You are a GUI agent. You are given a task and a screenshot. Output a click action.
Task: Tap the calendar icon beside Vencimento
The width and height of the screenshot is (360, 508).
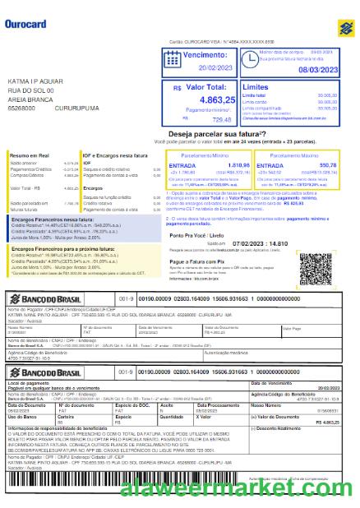coord(173,58)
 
